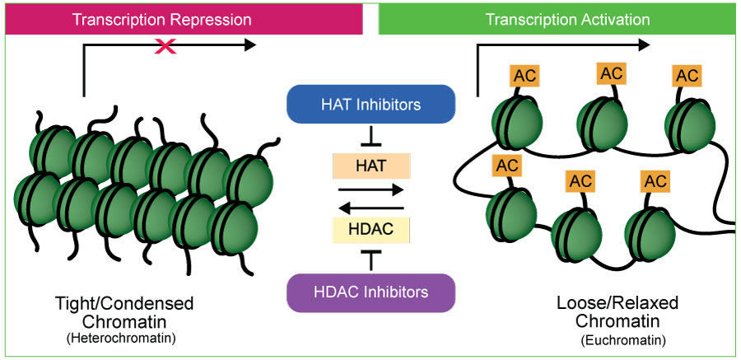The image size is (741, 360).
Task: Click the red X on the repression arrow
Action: click(x=165, y=45)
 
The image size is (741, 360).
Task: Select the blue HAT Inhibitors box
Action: click(x=370, y=104)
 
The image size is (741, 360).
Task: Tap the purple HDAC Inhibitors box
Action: click(x=370, y=292)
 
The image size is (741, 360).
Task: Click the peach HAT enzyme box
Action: click(x=371, y=166)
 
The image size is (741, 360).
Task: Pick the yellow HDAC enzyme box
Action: click(x=371, y=231)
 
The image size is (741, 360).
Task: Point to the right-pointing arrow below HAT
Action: click(x=371, y=190)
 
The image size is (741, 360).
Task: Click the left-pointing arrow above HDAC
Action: click(x=371, y=208)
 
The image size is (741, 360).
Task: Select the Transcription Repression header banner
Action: click(x=184, y=20)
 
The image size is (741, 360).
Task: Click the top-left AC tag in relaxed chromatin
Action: click(x=524, y=76)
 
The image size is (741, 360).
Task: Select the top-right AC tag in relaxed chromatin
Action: click(x=687, y=76)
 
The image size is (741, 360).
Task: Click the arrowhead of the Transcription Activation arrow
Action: click(x=645, y=45)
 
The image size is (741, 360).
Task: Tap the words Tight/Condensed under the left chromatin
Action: click(x=124, y=303)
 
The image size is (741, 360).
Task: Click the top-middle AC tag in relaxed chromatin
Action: click(x=611, y=74)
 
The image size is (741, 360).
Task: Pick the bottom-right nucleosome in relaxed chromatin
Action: click(x=650, y=235)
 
